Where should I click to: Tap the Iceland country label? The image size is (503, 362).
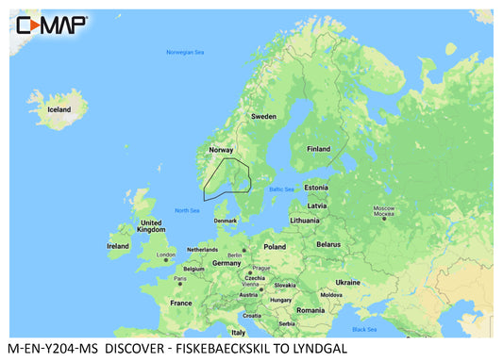59,109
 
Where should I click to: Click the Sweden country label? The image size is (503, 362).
263,116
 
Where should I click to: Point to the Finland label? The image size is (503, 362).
320,148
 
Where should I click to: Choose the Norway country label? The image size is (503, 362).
221,149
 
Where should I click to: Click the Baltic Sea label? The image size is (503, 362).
282,190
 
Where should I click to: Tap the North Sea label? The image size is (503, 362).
187,210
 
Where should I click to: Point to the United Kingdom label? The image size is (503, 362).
151,225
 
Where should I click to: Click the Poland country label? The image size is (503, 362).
275,246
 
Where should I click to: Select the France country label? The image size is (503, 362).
180,303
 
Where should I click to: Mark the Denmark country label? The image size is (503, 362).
226,221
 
